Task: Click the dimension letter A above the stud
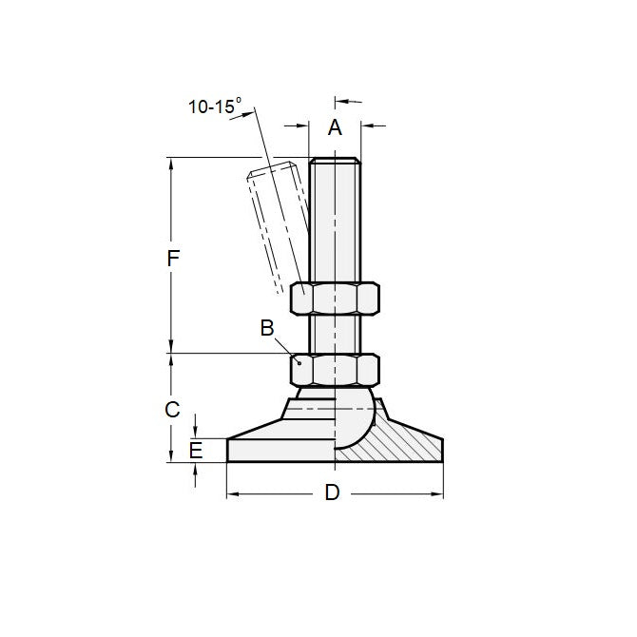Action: coord(335,128)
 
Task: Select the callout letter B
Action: coord(268,328)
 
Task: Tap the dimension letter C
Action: coord(172,410)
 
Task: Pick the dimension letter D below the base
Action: coord(332,493)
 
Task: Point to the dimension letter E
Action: coord(196,451)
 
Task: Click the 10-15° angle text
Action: coord(215,106)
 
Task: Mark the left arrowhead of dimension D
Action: coord(232,494)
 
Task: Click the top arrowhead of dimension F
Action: coord(172,163)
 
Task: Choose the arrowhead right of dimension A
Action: coord(364,124)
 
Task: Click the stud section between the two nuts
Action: coord(335,335)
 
